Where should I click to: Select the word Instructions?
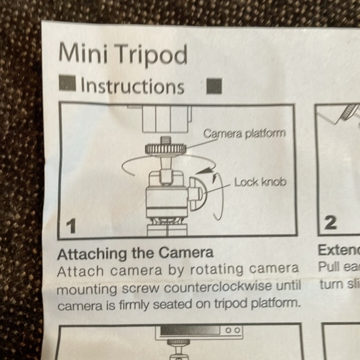(x=132, y=86)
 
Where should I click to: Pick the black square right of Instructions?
(x=214, y=86)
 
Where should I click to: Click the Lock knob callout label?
(x=259, y=182)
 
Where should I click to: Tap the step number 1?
(x=71, y=227)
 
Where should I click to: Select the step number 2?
(x=331, y=222)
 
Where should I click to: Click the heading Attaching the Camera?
(x=135, y=253)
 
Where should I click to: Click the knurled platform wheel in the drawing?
(x=167, y=149)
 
